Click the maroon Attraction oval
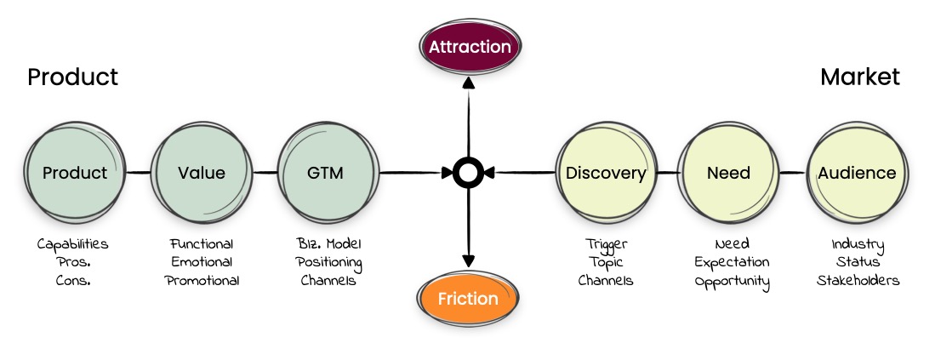[470, 47]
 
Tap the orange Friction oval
[468, 298]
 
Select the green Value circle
[202, 173]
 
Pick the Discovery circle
[606, 173]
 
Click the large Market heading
[860, 77]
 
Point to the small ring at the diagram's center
[468, 173]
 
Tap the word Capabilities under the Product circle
[73, 243]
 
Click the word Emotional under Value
[202, 262]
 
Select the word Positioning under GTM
[329, 263]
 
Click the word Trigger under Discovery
[606, 244]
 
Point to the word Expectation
[732, 263]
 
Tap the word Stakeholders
[858, 280]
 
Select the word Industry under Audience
[858, 244]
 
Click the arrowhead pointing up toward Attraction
[469, 83]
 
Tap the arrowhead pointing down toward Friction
[469, 260]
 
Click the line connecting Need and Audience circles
[793, 173]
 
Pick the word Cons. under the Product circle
[73, 280]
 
